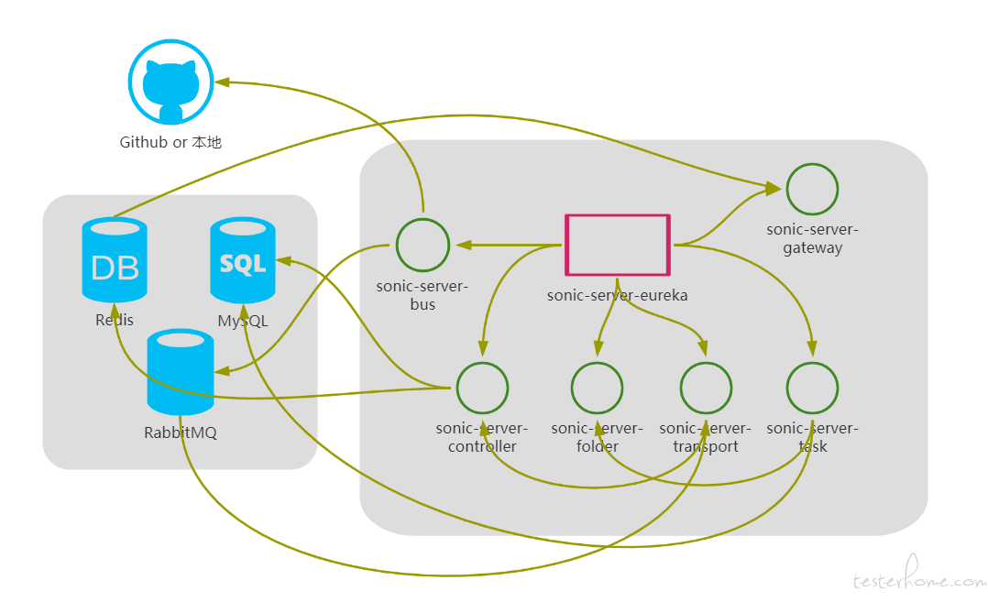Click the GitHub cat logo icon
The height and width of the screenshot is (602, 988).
click(170, 82)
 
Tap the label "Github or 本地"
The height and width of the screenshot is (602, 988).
click(170, 142)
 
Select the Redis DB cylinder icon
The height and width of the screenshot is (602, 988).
click(115, 260)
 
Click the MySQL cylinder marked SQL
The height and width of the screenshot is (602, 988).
click(243, 260)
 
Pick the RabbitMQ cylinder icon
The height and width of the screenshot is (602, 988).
click(181, 372)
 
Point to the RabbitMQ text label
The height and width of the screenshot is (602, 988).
click(181, 432)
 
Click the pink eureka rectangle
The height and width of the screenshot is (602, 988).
click(618, 245)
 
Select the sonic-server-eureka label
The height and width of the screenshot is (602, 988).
click(618, 295)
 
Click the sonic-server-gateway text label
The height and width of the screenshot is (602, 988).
click(812, 238)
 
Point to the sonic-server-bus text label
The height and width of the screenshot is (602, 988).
click(423, 295)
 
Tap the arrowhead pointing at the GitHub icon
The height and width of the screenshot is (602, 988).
click(222, 82)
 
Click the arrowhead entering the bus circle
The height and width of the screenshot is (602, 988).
click(464, 245)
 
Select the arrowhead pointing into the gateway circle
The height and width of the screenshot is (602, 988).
click(774, 188)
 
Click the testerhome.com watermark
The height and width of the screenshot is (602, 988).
click(918, 575)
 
